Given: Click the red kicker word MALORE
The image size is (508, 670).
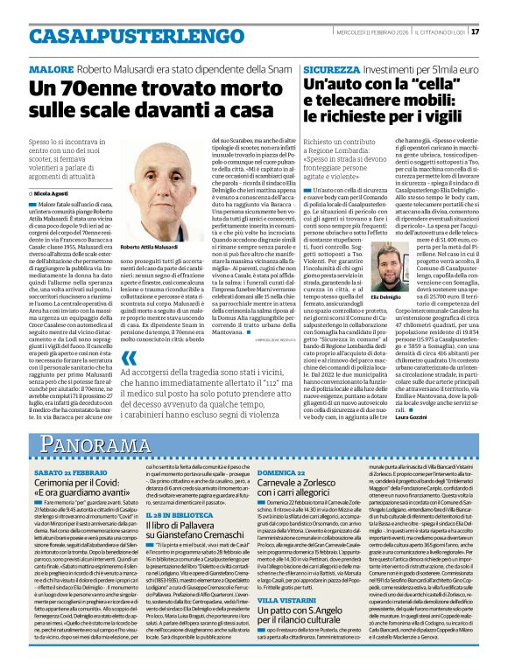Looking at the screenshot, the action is (x=52, y=67).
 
